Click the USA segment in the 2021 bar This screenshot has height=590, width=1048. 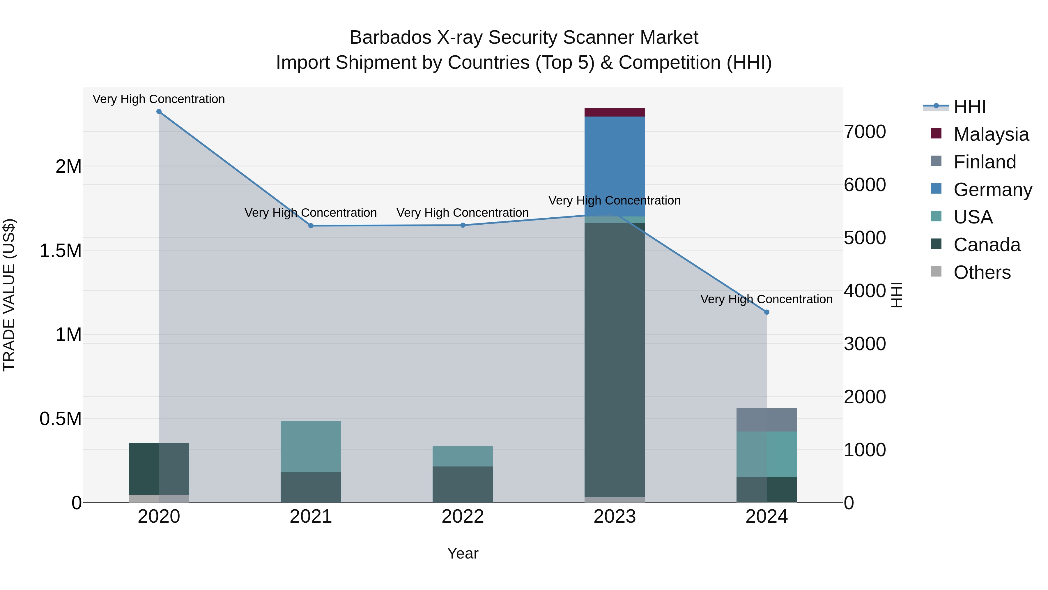(311, 446)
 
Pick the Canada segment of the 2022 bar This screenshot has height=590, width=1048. (463, 484)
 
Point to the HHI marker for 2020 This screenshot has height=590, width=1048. (159, 112)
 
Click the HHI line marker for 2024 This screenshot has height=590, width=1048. (766, 312)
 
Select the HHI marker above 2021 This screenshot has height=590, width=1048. (311, 226)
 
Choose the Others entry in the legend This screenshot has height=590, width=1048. (982, 272)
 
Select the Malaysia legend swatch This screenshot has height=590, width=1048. (936, 133)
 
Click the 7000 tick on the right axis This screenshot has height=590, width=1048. (865, 132)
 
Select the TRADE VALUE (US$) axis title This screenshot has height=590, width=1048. (9, 295)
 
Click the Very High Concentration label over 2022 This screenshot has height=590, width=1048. (463, 213)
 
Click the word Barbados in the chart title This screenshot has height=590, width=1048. (390, 38)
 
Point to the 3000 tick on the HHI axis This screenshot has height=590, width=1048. (865, 344)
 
